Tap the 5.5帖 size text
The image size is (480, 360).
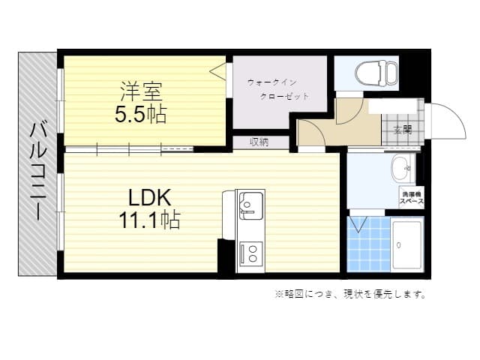pos(140,115)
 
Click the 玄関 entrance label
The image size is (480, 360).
pos(402,128)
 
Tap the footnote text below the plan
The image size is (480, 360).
pos(349,294)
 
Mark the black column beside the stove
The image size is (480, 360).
pos(226,256)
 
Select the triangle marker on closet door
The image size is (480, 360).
pos(217,72)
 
